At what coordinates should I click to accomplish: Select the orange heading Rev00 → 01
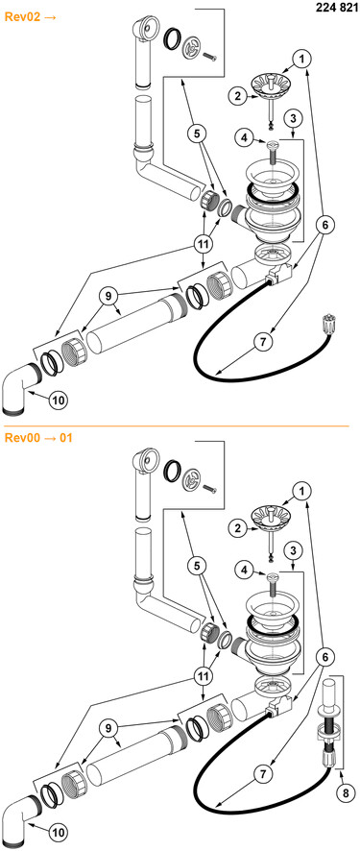38,437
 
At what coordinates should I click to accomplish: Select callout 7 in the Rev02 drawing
263,342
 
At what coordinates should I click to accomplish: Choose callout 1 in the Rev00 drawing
302,491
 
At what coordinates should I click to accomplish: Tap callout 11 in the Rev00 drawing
204,677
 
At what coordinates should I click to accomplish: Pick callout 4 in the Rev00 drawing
244,570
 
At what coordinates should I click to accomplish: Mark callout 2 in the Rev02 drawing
237,97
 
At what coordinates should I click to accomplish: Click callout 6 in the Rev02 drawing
325,225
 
